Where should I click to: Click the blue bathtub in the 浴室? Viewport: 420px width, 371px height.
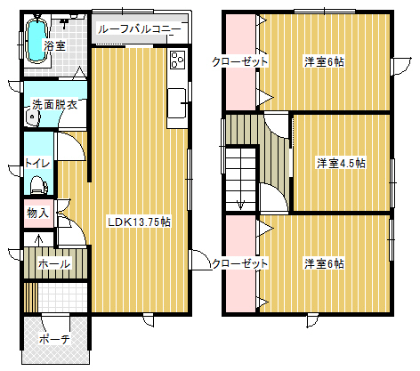(36, 41)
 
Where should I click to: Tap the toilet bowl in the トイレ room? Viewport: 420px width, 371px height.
(38, 186)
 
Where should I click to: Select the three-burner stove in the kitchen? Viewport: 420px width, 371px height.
(178, 60)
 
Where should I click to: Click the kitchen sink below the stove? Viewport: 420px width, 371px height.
(176, 103)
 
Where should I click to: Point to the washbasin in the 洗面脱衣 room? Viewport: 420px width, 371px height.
(33, 118)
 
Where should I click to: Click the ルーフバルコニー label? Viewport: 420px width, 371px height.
(139, 29)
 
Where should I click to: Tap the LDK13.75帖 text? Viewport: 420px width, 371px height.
(139, 222)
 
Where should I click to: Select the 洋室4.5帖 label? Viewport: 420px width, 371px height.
(341, 163)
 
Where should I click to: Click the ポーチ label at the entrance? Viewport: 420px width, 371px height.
(54, 339)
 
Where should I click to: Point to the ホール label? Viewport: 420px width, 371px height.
(54, 263)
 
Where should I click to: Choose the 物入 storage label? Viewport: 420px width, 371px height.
(37, 213)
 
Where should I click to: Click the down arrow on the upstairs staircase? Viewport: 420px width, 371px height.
(240, 204)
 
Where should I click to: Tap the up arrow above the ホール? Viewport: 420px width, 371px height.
(38, 239)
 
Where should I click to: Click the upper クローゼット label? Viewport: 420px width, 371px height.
(239, 61)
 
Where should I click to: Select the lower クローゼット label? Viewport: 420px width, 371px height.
(239, 263)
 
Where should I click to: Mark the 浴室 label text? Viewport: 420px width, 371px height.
(55, 46)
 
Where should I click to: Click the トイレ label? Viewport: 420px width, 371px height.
(37, 164)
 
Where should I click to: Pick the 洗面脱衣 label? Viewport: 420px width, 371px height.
(55, 104)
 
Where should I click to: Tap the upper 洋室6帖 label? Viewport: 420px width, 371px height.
(325, 62)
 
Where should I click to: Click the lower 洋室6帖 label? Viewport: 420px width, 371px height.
(325, 263)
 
